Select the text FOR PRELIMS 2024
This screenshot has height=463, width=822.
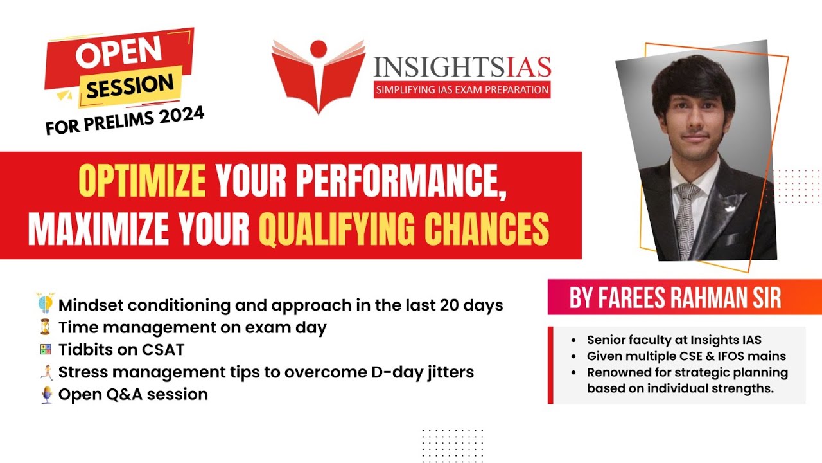(x=125, y=120)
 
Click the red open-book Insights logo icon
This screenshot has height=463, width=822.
(x=318, y=74)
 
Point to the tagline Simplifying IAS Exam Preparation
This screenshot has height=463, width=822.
(x=462, y=89)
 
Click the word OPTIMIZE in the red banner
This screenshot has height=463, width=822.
(x=142, y=183)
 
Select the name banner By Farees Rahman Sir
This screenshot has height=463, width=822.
(x=675, y=298)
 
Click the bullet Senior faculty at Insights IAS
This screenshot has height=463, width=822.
(x=674, y=340)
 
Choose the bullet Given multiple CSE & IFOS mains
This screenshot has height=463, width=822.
(x=686, y=356)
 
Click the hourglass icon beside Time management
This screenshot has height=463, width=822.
(x=45, y=327)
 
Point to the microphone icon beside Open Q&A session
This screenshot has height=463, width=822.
(x=45, y=394)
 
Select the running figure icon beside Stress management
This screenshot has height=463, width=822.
(x=45, y=372)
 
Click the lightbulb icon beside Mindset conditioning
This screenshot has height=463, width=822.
(x=45, y=305)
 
